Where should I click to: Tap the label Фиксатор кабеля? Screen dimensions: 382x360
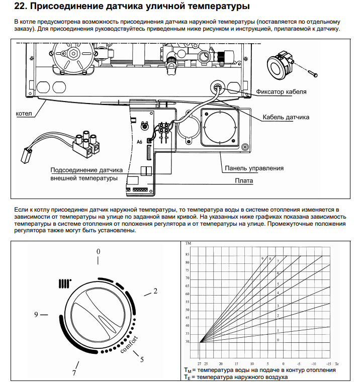pos(281,92)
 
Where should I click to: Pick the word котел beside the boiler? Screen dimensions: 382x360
pos(24,114)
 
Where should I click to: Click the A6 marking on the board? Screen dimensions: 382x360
pos(140,142)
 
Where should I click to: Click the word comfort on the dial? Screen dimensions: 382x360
pos(129,343)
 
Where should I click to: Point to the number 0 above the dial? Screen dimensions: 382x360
pos(99,251)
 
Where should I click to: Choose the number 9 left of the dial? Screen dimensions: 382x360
pos(37,315)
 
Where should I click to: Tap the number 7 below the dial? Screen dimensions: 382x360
pos(74,372)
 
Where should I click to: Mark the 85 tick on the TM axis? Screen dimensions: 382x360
pos(188,254)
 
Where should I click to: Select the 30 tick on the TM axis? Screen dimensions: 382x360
pos(188,342)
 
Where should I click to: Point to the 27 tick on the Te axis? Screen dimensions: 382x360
pos(199,363)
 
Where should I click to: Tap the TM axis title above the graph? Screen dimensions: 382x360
pos(189,244)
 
